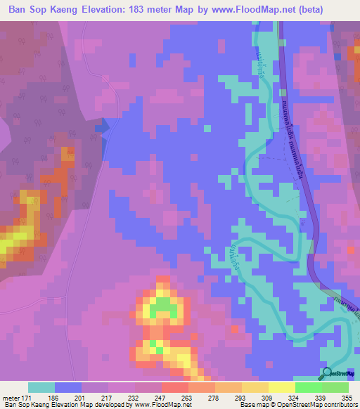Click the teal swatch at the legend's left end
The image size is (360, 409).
coord(41,387)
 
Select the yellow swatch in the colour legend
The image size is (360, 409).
coord(282,387)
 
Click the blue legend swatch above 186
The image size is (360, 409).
coord(68,387)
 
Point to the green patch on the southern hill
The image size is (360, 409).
coord(163,306)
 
